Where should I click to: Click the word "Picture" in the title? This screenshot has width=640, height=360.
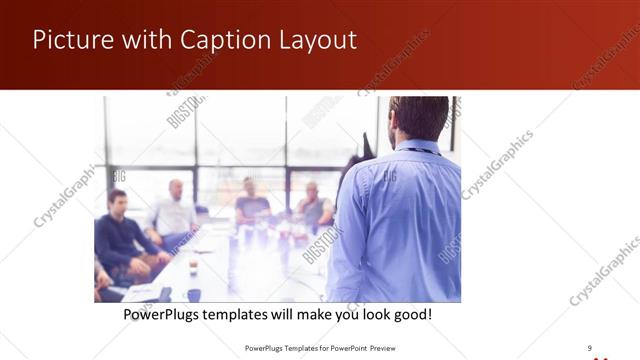click(x=68, y=40)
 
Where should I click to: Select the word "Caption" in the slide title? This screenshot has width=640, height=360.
click(x=211, y=40)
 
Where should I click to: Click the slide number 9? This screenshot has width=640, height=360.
click(x=589, y=348)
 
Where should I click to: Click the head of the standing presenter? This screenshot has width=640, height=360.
click(x=418, y=117)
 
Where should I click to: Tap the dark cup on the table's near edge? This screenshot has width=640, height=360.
click(x=193, y=294)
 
